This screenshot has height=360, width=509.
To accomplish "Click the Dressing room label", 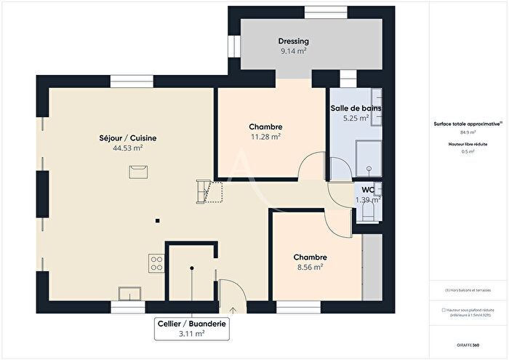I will [x=293, y=41].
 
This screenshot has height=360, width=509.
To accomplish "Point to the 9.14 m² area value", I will [x=293, y=52].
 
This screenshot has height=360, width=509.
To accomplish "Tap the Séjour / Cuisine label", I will [x=128, y=137].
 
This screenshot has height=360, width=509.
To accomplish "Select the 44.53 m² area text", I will [x=128, y=148].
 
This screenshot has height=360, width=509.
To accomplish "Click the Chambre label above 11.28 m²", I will [x=266, y=127].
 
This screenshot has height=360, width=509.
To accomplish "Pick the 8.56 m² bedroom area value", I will [x=310, y=267].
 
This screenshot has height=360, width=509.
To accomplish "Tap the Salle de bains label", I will [x=356, y=108].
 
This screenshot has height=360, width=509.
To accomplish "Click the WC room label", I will [x=368, y=190].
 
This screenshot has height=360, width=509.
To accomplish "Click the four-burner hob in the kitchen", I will [x=155, y=263].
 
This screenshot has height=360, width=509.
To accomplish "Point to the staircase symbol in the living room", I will [x=208, y=192].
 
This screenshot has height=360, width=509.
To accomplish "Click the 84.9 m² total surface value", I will [x=468, y=133].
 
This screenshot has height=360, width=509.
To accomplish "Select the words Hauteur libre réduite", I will [x=468, y=145].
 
